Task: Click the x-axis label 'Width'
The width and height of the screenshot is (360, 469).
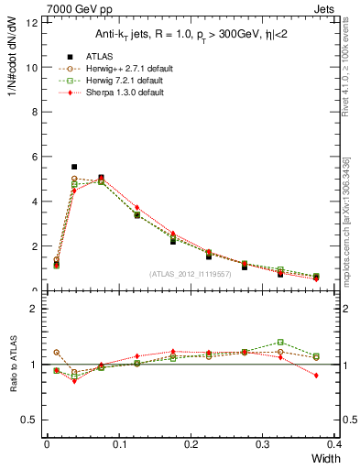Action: pyautogui.click(x=325, y=458)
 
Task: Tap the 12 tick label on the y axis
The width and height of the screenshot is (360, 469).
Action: pyautogui.click(x=32, y=22)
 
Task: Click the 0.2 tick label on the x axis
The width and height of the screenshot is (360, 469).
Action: pyautogui.click(x=191, y=444)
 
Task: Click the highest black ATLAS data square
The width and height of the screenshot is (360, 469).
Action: pyautogui.click(x=74, y=167)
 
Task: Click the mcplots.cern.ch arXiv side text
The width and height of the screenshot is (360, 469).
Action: pyautogui.click(x=346, y=220)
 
